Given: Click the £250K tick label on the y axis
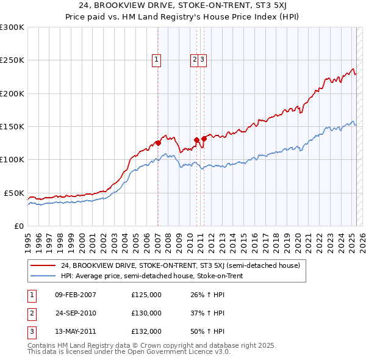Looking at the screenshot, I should coord(12,60).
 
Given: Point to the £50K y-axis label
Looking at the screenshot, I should coord(14,193).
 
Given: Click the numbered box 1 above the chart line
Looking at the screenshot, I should coord(157,60).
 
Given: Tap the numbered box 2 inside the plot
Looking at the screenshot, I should coord(195,60).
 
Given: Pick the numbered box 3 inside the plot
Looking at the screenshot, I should coord(202,60).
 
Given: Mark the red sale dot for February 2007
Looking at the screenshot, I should coord(158,143).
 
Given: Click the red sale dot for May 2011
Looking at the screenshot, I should coord(204,139).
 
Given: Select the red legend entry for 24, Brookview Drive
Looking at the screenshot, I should coord(180,266).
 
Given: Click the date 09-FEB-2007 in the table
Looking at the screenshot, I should coord(76,295).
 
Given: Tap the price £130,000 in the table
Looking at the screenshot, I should coord(146,313).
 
